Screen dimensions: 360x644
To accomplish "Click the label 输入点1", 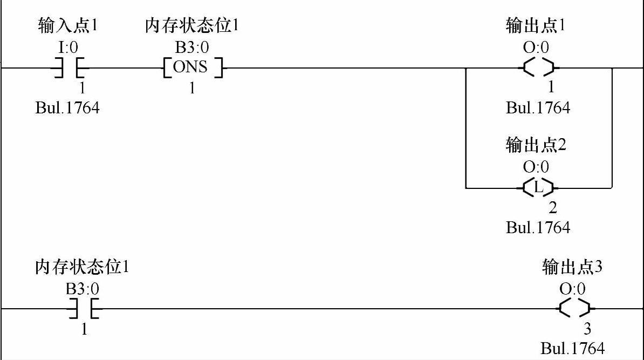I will [x=68, y=25].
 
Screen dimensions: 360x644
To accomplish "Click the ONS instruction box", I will [x=193, y=69].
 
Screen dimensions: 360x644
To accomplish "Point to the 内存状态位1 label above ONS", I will [x=193, y=25].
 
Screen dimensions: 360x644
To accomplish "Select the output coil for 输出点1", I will [x=538, y=69].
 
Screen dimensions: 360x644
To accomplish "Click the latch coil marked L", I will [x=538, y=188].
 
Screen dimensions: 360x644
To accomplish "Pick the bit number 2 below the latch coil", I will [x=552, y=208].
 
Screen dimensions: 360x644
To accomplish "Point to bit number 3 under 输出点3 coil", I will [x=587, y=329].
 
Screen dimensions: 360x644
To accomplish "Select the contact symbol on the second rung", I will [x=84, y=309].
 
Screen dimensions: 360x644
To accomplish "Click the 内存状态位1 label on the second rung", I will [x=82, y=267].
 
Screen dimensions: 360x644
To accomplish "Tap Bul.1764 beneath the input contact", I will [x=67, y=108].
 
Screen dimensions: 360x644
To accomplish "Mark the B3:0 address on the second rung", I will [x=83, y=289].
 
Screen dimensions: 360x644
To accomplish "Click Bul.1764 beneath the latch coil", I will [x=538, y=228].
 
